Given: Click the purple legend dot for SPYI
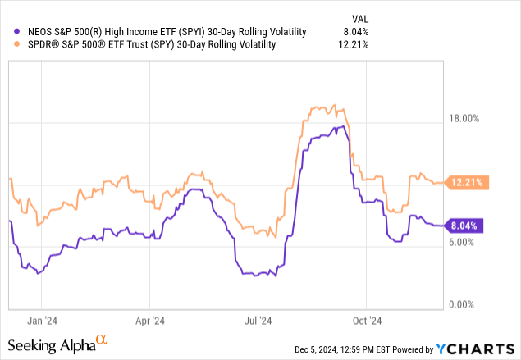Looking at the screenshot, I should tap(9, 31).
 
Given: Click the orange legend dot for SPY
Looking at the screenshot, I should tap(9, 44).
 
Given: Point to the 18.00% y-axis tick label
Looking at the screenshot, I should tap(472, 118).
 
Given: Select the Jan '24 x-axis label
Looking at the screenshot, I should tap(41, 321).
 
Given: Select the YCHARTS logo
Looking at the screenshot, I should tap(487, 349).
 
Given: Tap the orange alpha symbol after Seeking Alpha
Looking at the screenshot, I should tap(102, 339).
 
